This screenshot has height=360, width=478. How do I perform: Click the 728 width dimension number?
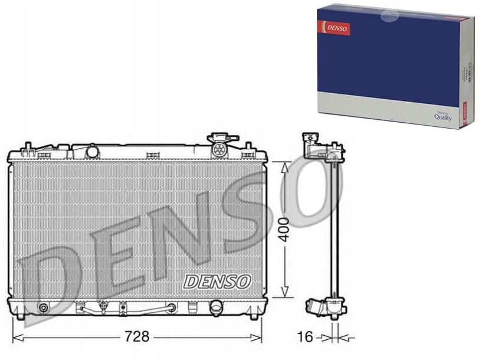pyautogui.click(x=136, y=337)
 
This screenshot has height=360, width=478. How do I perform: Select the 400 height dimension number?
pyautogui.click(x=286, y=230)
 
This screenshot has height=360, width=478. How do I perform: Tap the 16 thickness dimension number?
pyautogui.click(x=305, y=337)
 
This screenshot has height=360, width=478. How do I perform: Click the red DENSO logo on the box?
pyautogui.click(x=334, y=27)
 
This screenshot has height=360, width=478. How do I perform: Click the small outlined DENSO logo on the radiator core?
pyautogui.click(x=217, y=281)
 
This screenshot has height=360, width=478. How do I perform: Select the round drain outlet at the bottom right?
pyautogui.click(x=217, y=307)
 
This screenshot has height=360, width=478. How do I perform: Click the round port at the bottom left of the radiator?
pyautogui.click(x=43, y=307)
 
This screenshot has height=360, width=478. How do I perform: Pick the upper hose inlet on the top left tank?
pyautogui.click(x=92, y=151)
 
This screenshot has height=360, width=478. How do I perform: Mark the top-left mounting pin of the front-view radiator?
pyautogui.click(x=27, y=146)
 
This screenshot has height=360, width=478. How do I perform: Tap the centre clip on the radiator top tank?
pyautogui.click(x=153, y=155)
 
